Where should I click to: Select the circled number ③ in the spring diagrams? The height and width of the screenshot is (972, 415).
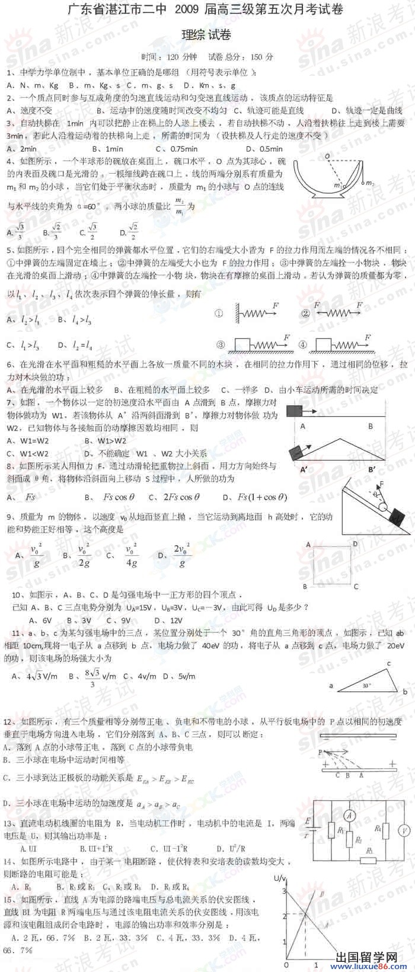(x=221, y=345)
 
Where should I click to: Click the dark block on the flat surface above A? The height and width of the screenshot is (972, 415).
(x=293, y=410)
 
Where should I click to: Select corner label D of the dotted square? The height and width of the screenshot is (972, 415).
(x=355, y=543)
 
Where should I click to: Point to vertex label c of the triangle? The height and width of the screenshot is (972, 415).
(x=389, y=663)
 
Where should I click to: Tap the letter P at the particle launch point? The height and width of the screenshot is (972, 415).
(x=320, y=752)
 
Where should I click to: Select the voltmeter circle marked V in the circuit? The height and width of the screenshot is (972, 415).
(x=403, y=829)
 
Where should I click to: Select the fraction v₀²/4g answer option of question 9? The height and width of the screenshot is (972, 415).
(x=131, y=555)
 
